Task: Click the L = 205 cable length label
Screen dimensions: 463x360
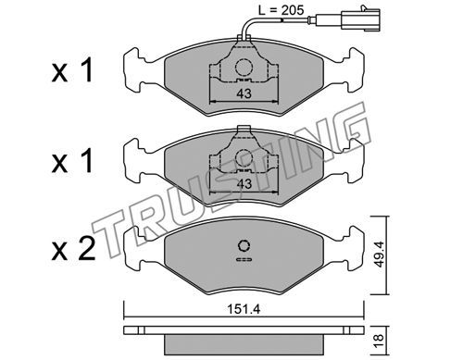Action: pos(281,10)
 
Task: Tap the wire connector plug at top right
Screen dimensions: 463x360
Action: pos(360,20)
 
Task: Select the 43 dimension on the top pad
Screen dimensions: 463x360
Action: pos(244,93)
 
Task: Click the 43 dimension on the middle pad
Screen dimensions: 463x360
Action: pos(244,184)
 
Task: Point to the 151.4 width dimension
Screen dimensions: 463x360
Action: pos(244,309)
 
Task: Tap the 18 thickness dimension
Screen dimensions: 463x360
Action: pos(378,341)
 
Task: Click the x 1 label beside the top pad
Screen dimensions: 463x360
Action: pos(72,70)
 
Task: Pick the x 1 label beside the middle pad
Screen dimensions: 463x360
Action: pos(72,161)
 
